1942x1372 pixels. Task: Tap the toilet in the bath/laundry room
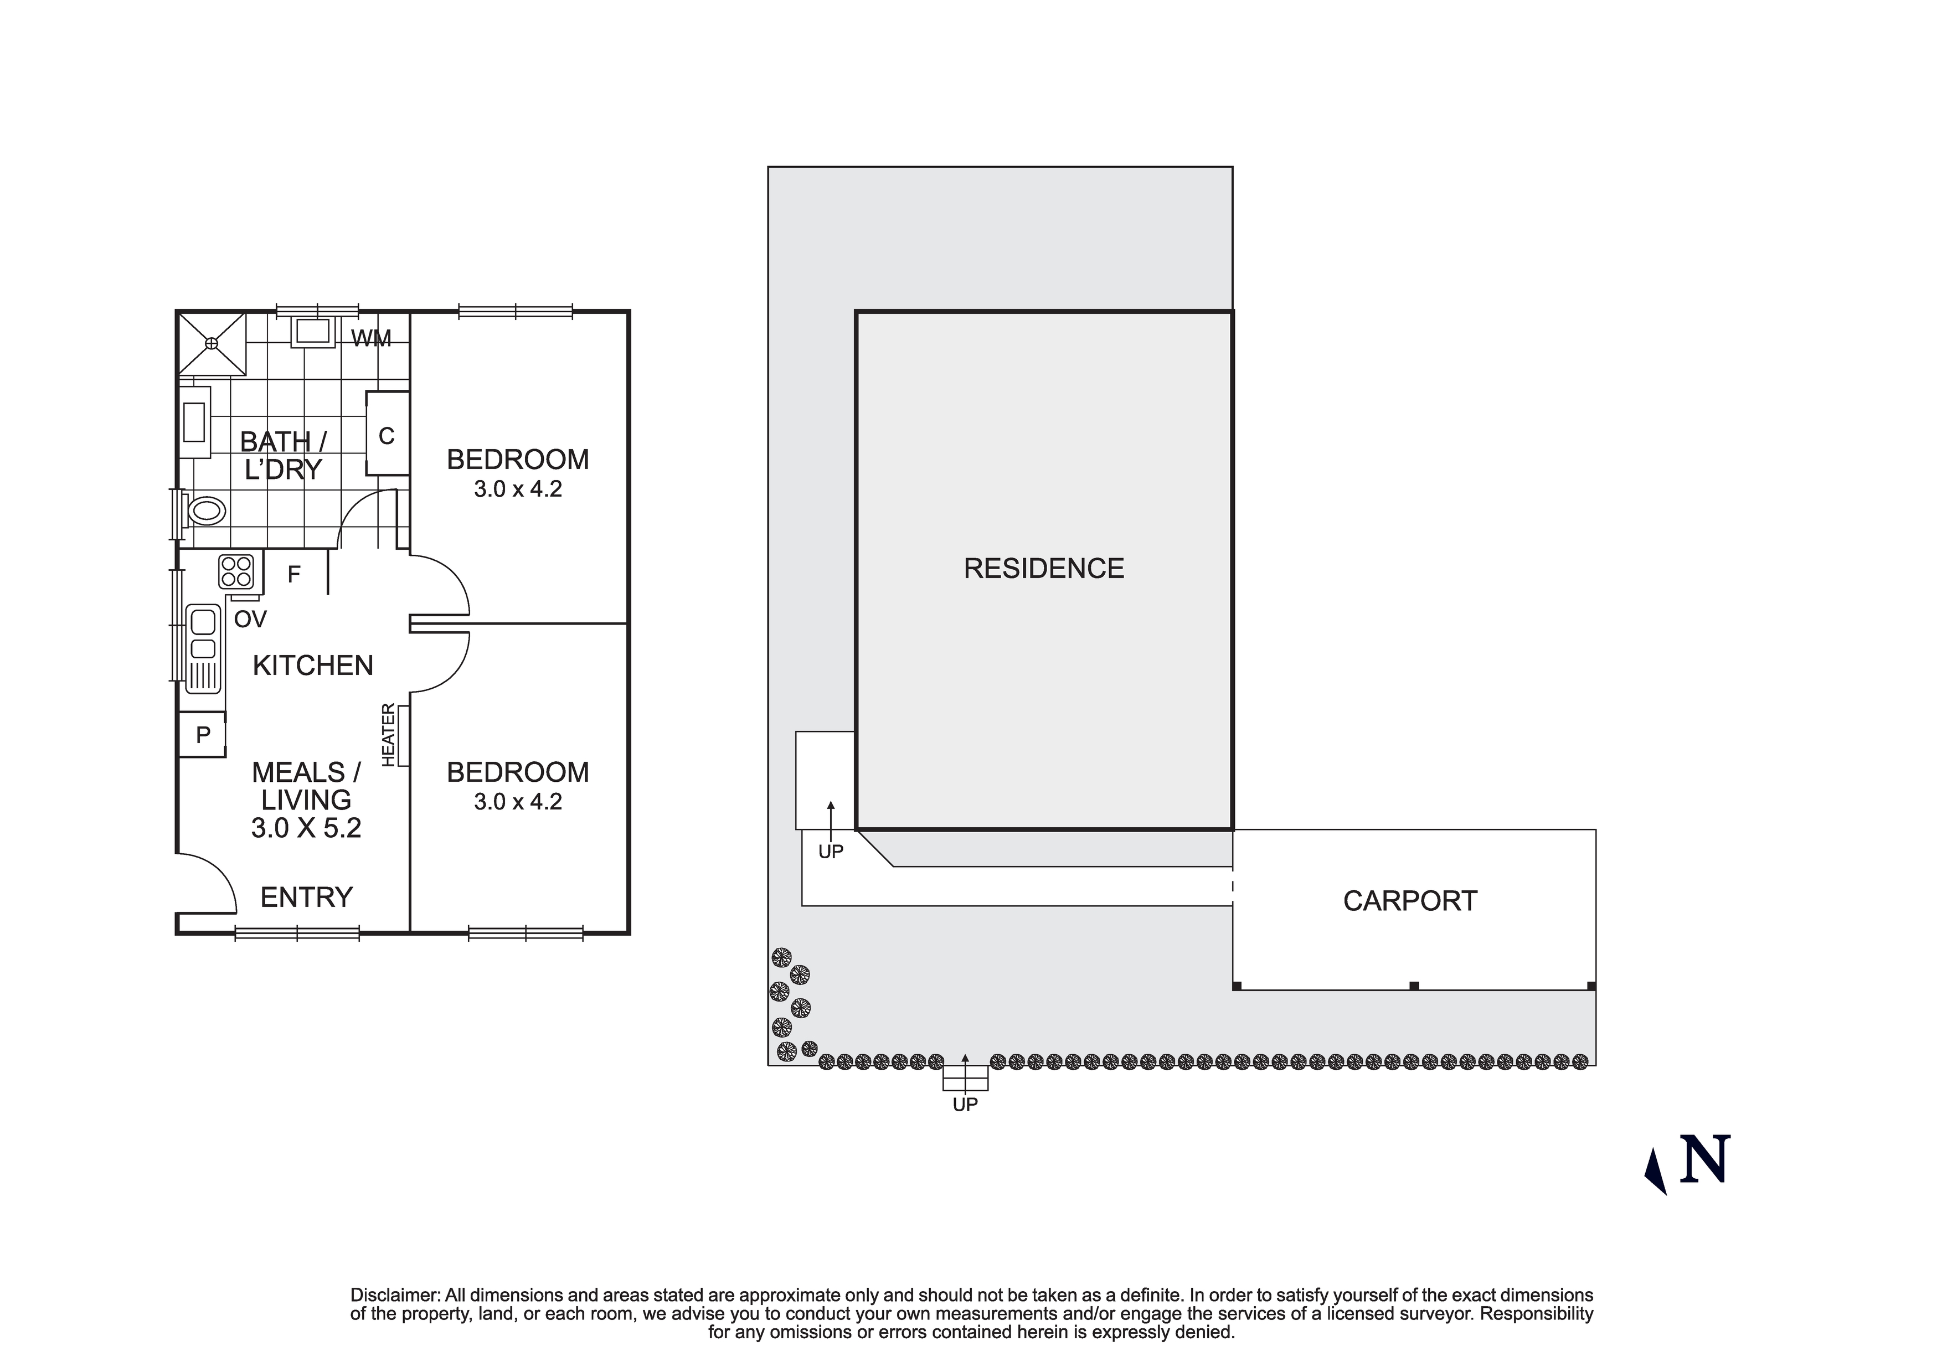[x=207, y=511]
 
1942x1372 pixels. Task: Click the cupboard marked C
[x=387, y=435]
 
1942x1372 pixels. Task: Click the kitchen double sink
[x=203, y=635]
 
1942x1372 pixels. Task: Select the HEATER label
[x=388, y=735]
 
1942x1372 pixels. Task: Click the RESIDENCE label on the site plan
[x=1044, y=569]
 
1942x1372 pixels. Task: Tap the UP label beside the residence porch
[x=831, y=852]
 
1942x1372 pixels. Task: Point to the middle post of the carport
[x=1413, y=986]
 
